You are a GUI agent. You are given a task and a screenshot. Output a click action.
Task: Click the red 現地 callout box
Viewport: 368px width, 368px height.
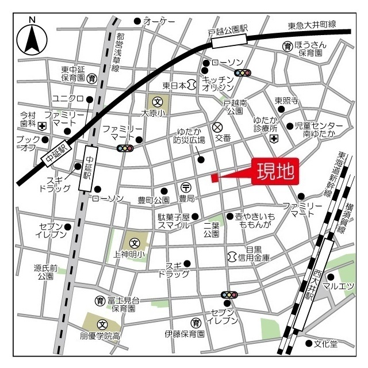click(275, 171)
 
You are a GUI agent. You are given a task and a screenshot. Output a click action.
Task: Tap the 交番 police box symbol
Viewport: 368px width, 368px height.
click(217, 127)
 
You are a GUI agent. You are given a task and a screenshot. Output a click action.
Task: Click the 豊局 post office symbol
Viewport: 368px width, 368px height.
click(186, 187)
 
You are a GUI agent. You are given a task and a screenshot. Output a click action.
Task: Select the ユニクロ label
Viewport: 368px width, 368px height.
click(68, 98)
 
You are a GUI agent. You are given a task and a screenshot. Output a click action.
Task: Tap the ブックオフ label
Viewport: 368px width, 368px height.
click(26, 143)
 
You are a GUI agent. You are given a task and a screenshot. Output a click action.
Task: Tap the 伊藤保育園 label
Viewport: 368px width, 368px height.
click(185, 333)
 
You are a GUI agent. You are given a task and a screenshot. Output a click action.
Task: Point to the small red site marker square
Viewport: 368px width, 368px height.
click(214, 178)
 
